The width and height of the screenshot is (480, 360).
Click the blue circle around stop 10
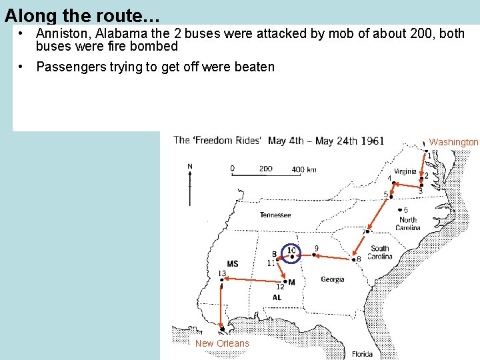[291, 253]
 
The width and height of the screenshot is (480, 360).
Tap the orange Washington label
[453, 142]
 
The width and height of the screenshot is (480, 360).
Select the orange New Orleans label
[222, 343]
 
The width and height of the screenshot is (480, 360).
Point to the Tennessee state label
[275, 215]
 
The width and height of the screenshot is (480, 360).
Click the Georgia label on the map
[333, 279]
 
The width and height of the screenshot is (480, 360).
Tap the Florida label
[363, 354]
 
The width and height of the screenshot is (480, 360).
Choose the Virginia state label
[405, 171]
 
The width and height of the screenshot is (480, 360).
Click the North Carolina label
[407, 224]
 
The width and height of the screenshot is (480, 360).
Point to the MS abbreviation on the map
[232, 264]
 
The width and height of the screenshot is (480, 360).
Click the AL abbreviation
[277, 297]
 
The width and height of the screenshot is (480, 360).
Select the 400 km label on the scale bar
[303, 169]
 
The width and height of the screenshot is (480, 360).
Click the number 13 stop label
[222, 273]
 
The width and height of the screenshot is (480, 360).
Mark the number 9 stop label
[316, 249]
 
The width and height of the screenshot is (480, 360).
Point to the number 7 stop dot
[367, 231]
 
